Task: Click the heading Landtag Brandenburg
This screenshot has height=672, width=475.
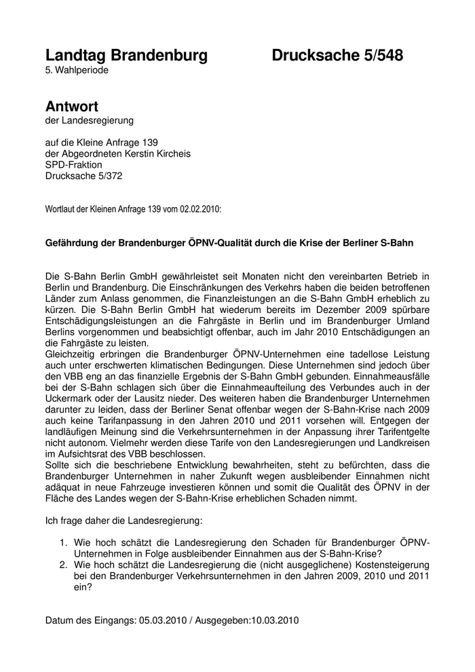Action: [126, 56]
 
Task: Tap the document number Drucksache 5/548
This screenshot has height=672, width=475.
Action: [337, 56]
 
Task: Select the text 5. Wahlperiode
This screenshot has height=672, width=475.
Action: [77, 70]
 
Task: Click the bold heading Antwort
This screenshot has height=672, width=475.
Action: [72, 107]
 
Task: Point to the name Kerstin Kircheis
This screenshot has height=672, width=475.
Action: [156, 153]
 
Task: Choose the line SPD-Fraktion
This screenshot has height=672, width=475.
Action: [73, 164]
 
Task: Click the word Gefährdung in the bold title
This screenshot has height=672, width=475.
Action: [76, 242]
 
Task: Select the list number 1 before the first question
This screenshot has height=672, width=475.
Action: [63, 542]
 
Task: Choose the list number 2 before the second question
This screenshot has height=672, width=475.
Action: [63, 565]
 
